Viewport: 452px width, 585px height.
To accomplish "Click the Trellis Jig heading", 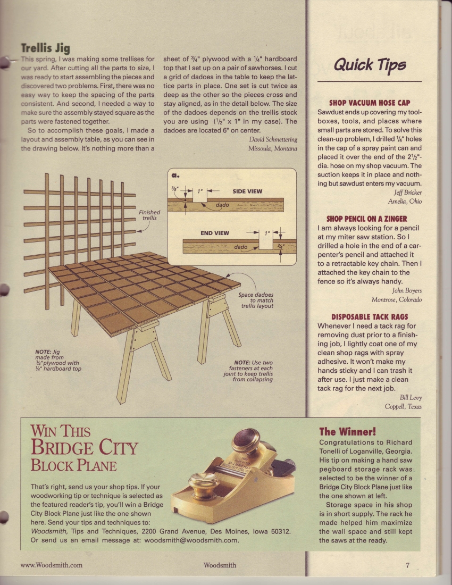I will pyautogui.click(x=45, y=49).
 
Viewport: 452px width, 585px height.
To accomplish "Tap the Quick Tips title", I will pyautogui.click(x=370, y=65).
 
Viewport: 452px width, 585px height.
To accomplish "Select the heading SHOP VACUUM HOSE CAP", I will pyautogui.click(x=370, y=103).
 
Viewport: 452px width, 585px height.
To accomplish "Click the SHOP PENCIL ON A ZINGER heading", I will pyautogui.click(x=366, y=219).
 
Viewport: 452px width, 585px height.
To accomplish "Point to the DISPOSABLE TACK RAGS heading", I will pyautogui.click(x=370, y=316).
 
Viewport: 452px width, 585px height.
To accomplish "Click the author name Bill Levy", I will pyautogui.click(x=410, y=397).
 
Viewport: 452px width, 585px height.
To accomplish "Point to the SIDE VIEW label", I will pyautogui.click(x=247, y=191).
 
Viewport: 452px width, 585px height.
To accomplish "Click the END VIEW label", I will pyautogui.click(x=215, y=233).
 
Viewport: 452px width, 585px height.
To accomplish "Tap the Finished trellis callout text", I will pyautogui.click(x=149, y=215).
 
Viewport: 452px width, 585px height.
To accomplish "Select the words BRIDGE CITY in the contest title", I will pyautogui.click(x=85, y=447).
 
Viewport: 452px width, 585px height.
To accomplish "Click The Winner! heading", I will pyautogui.click(x=347, y=431).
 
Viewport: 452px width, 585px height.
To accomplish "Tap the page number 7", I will pyautogui.click(x=407, y=565).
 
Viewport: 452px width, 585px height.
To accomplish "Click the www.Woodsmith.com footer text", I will pyautogui.click(x=51, y=565).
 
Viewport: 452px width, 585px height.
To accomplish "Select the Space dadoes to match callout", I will pyautogui.click(x=258, y=300).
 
